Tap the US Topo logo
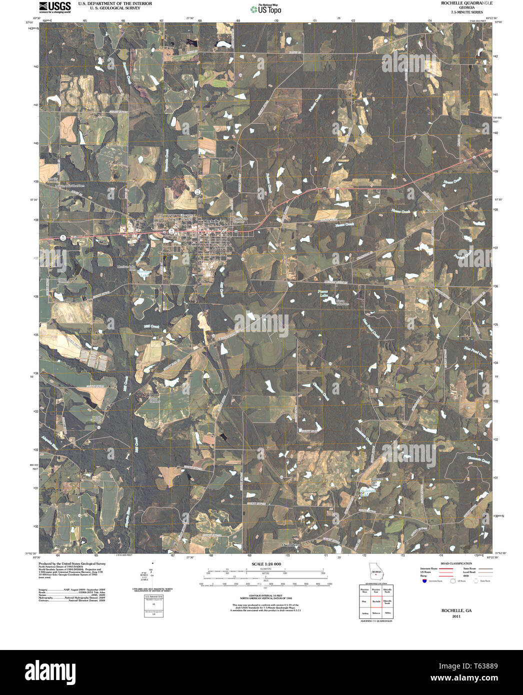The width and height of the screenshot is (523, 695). [x=266, y=8]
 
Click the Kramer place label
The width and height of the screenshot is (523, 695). [x=431, y=211]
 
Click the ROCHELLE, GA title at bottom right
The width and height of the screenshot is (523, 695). [x=456, y=610]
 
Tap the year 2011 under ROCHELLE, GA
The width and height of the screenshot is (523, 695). [x=456, y=616]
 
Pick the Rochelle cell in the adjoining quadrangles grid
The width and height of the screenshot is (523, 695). [x=376, y=601]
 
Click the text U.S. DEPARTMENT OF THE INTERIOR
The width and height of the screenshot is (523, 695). [x=115, y=3]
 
